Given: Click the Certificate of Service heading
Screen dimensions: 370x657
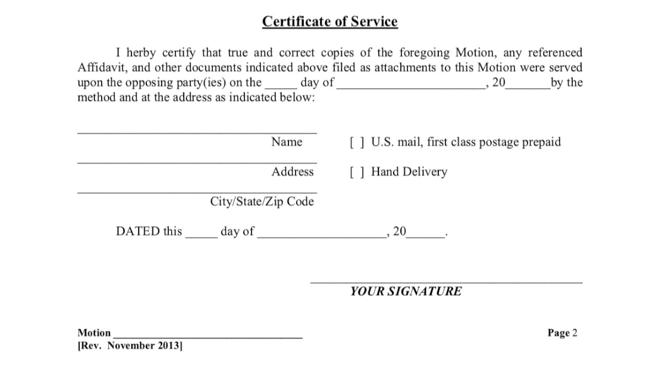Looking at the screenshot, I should pos(330,22).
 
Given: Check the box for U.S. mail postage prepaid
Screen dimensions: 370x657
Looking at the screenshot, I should pos(357,142).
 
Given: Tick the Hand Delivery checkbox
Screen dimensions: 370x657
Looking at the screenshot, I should pos(357,172).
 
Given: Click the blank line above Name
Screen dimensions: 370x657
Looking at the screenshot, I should pos(197,133).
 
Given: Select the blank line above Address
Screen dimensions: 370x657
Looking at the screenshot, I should pos(197,162).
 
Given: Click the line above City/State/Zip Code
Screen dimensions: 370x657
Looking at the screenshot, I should pos(197,192).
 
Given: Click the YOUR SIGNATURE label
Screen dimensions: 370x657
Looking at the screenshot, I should pos(405,291).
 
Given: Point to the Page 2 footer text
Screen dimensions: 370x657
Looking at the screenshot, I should pos(562,332).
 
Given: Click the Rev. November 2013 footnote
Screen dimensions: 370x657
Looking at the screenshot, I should pos(130,345).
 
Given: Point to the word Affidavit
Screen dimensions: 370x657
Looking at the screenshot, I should pos(99,68).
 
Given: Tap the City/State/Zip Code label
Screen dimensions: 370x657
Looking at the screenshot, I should pos(261,201).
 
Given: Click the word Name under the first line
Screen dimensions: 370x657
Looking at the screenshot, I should pos(286,142).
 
